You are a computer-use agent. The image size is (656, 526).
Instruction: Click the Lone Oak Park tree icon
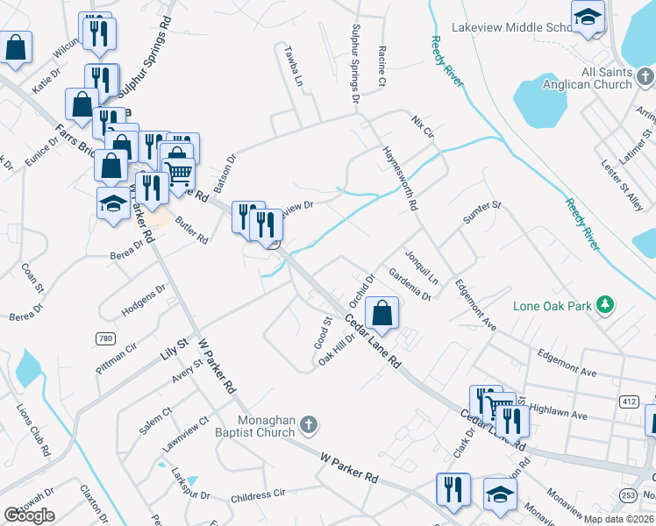604,305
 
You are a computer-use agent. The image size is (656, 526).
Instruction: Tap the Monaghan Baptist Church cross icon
308,425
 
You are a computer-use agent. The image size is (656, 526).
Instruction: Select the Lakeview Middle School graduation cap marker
588,16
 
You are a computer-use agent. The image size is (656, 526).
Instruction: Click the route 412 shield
628,401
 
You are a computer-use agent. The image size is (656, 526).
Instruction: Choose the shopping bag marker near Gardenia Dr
382,312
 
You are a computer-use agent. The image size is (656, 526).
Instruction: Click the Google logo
29,515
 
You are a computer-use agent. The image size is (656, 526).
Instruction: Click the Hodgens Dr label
144,299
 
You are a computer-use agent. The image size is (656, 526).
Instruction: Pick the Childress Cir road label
259,495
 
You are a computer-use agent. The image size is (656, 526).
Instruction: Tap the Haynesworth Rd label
399,178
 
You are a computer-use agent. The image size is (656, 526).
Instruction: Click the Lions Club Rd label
33,430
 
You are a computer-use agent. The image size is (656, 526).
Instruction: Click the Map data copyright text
619,519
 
